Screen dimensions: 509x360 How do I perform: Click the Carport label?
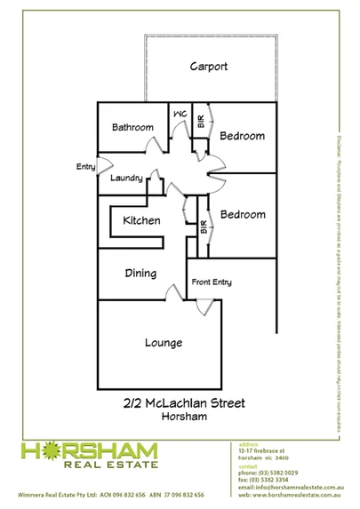tap(209, 67)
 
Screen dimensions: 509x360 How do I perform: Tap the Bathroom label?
tap(132, 128)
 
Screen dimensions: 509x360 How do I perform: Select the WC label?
tap(179, 115)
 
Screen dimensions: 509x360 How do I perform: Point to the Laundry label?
tap(127, 179)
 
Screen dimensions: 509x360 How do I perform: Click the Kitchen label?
tap(141, 220)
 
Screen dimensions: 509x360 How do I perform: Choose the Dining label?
tap(140, 274)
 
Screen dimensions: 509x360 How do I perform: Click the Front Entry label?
tap(212, 282)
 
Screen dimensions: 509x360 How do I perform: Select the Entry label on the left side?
tap(86, 166)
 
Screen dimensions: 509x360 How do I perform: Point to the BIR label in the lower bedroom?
tap(204, 227)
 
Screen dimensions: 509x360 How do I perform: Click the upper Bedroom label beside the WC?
tap(243, 136)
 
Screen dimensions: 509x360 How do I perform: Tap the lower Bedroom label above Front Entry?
tap(243, 215)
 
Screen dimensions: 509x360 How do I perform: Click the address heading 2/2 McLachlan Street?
tap(184, 402)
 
